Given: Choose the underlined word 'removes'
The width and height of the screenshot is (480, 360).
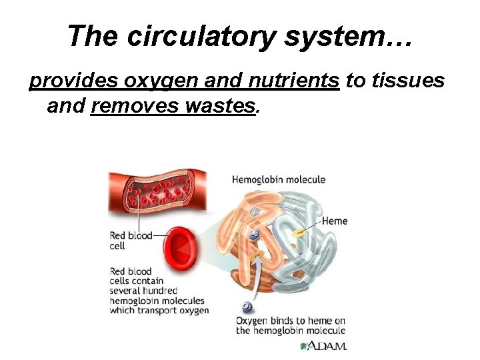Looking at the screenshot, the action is coord(128,105).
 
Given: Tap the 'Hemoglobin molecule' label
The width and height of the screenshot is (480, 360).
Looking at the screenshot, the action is coord(279,179).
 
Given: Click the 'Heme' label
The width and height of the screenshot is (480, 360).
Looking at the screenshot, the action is coord(334,221).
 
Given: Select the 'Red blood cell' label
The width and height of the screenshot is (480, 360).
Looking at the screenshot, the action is coord(131,240).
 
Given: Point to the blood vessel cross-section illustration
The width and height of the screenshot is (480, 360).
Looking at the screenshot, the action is coord(157,189).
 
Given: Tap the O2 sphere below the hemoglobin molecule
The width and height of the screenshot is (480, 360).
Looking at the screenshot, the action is coord(247,307).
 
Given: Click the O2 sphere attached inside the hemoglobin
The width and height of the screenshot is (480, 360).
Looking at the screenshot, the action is coord(255,233).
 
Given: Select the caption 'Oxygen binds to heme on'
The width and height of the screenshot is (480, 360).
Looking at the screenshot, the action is coord(290,321).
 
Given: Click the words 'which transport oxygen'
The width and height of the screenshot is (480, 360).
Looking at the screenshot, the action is coord(159,310).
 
